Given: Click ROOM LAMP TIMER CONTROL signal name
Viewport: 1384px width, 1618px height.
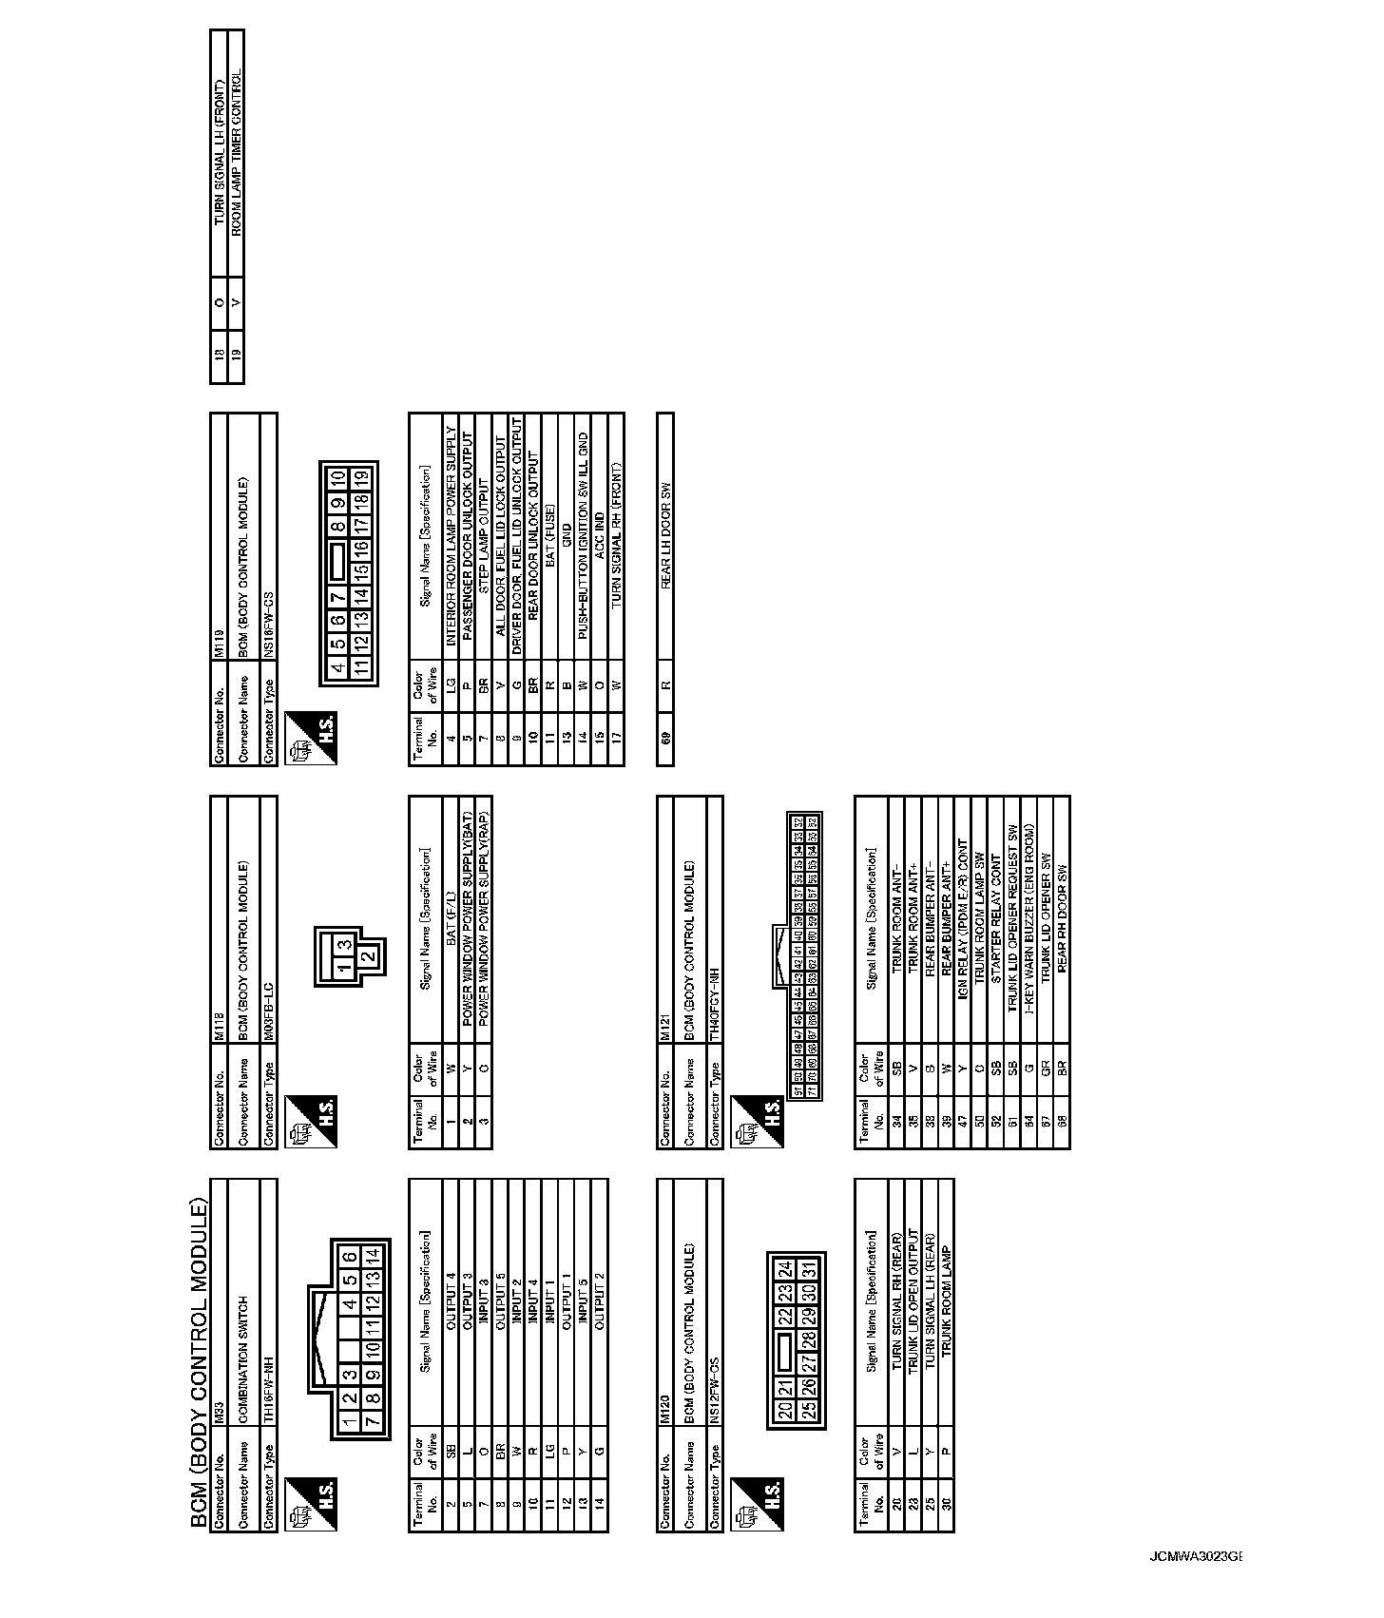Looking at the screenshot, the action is pyautogui.click(x=236, y=151).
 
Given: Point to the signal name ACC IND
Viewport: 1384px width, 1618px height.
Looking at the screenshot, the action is pyautogui.click(x=598, y=522).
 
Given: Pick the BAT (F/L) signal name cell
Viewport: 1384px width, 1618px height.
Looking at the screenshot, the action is pyautogui.click(x=451, y=919).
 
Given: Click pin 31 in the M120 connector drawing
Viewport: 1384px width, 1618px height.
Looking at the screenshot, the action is pyautogui.click(x=810, y=1270).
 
